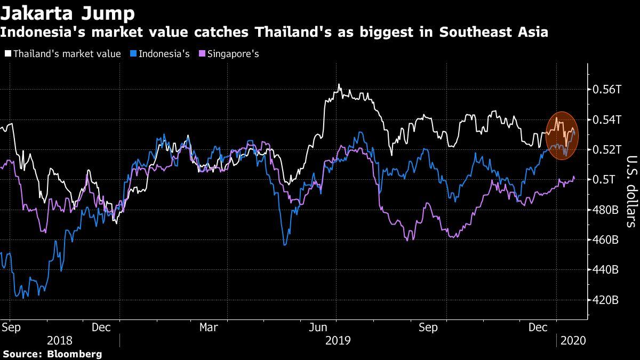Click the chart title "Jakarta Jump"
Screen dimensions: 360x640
click(68, 12)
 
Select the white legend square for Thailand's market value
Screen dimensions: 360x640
click(8, 54)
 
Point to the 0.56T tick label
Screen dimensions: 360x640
click(607, 89)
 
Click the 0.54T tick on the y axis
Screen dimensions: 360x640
click(607, 119)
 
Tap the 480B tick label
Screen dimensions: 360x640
click(606, 210)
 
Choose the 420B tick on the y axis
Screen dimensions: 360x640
click(606, 300)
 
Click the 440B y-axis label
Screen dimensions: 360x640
click(606, 270)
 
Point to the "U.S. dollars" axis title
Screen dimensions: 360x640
click(631, 191)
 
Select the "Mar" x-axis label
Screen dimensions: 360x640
click(209, 327)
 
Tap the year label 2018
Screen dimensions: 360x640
click(60, 340)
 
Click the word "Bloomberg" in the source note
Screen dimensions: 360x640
click(75, 354)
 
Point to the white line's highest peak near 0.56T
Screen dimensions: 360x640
click(339, 85)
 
